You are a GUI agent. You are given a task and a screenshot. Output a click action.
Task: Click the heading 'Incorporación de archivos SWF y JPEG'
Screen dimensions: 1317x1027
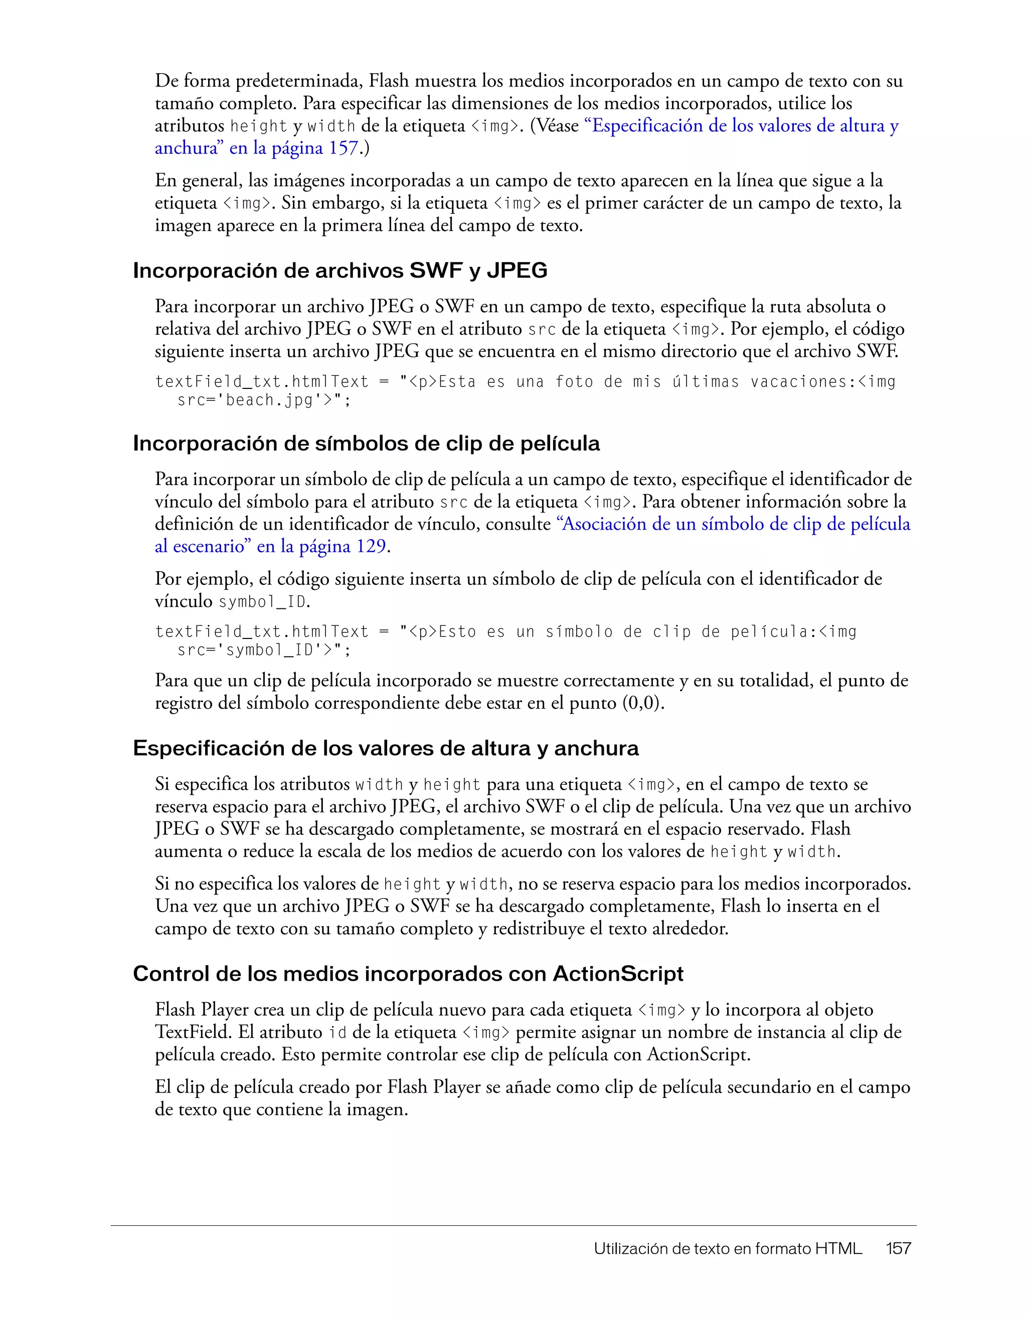tap(339, 271)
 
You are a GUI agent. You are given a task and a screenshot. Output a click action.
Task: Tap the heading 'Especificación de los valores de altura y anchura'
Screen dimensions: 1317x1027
tap(386, 748)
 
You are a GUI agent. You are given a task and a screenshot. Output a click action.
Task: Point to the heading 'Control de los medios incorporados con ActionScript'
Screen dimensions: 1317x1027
tap(408, 973)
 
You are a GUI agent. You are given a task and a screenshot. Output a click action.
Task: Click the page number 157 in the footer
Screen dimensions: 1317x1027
tap(899, 1248)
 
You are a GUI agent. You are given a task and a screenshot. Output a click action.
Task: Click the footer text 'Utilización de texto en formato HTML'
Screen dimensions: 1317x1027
tap(727, 1248)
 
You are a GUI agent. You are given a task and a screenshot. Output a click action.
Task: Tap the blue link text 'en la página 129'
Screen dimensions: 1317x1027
tap(321, 546)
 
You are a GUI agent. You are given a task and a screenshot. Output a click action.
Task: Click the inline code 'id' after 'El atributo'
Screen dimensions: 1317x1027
tap(337, 1032)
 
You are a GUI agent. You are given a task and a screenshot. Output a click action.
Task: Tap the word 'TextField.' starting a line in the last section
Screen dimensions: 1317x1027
tap(193, 1032)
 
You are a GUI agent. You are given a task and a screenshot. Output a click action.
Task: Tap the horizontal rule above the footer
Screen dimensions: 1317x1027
tap(513, 1225)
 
